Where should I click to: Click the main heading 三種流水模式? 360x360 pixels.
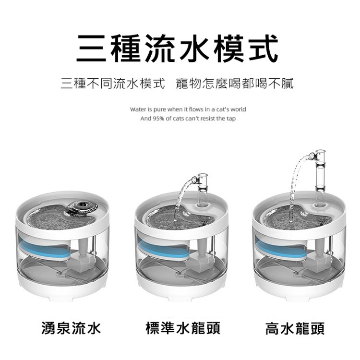177,48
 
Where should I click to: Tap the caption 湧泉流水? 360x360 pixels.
71,328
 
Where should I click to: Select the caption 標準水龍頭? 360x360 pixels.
183,328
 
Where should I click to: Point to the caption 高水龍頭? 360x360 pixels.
295,328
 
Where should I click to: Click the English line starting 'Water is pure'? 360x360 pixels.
188,109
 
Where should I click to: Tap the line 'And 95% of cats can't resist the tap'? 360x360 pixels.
188,119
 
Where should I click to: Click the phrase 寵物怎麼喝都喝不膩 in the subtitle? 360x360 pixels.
235,84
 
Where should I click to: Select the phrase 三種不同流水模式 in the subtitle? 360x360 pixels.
113,84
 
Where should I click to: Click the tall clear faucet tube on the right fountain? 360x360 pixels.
320,177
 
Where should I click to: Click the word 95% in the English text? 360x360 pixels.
157,119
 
